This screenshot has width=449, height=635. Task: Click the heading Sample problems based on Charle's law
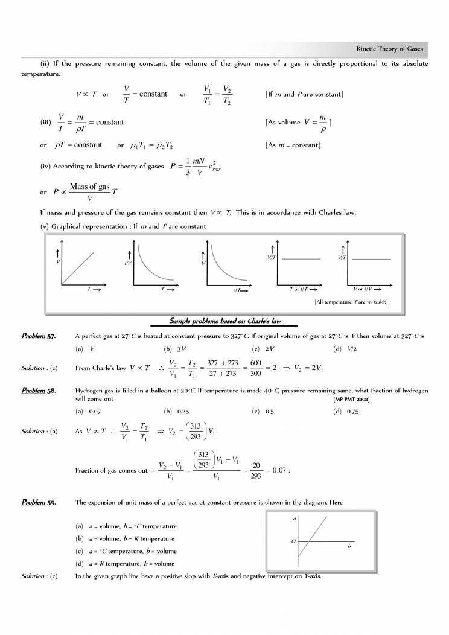tap(225, 321)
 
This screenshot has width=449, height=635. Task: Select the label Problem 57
tap(38, 336)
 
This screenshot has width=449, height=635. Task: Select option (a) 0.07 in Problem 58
tap(87, 411)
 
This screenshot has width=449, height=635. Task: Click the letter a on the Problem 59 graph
tap(293, 518)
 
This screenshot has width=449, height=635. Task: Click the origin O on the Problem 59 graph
tap(293, 541)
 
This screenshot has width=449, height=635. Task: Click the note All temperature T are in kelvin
tap(351, 301)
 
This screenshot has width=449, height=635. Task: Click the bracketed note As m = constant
tap(293, 145)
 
